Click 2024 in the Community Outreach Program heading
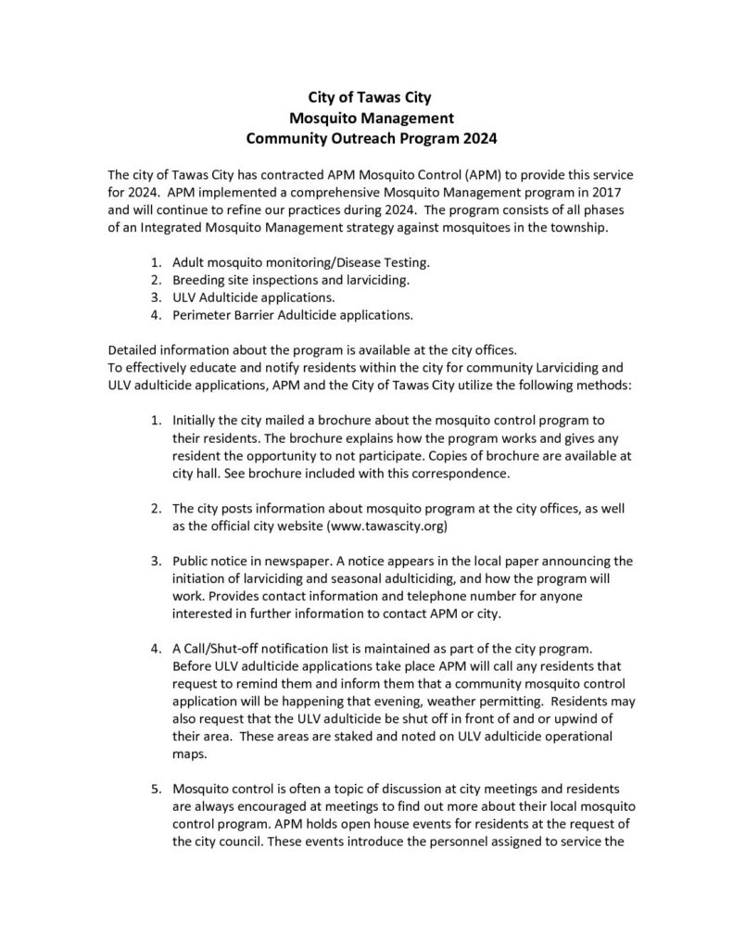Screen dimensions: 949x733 (x=474, y=139)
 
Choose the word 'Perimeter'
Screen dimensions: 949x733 (x=201, y=315)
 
